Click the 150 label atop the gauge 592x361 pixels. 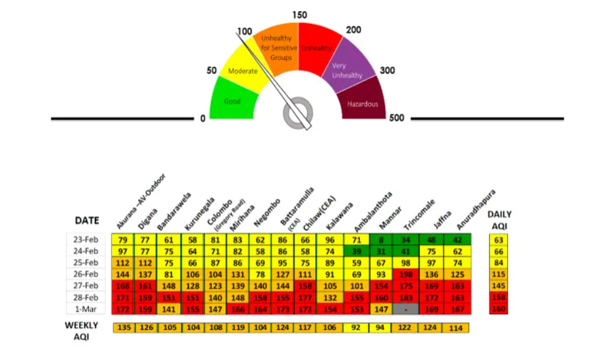pyautogui.click(x=299, y=14)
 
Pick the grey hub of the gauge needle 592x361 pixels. pyautogui.click(x=298, y=113)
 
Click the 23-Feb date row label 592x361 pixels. pyautogui.click(x=86, y=239)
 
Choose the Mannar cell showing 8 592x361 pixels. pyautogui.click(x=381, y=239)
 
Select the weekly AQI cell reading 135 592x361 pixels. pyautogui.click(x=125, y=327)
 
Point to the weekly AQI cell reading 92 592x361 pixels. pyautogui.click(x=356, y=327)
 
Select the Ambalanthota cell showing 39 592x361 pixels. pyautogui.click(x=356, y=250)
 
